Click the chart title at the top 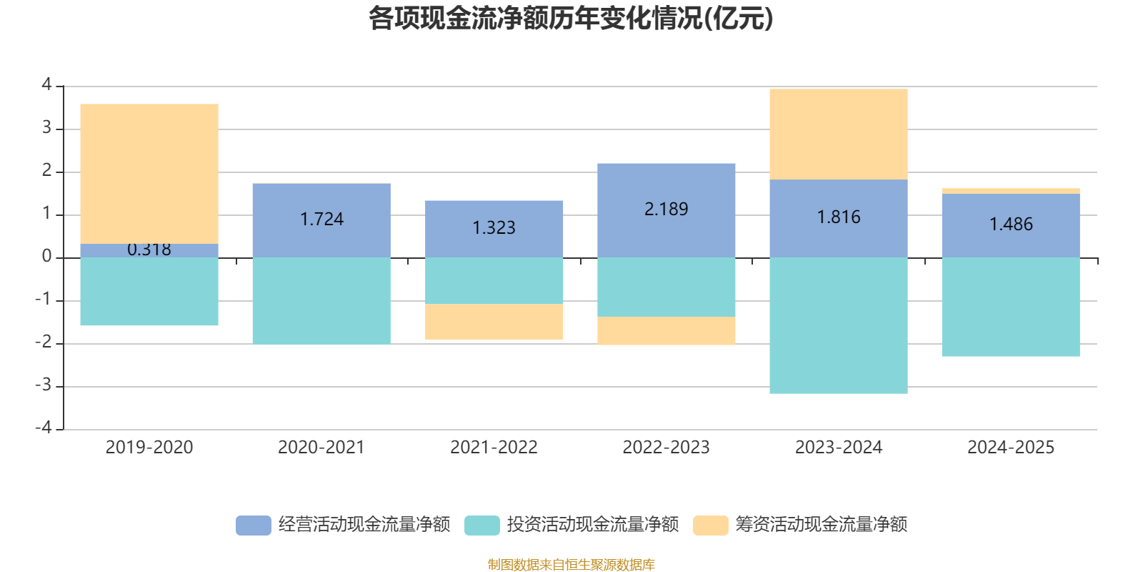pyautogui.click(x=571, y=19)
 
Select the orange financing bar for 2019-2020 pyautogui.click(x=149, y=174)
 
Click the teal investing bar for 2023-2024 pyautogui.click(x=839, y=325)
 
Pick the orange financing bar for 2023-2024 pyautogui.click(x=839, y=134)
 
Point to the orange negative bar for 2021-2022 pyautogui.click(x=494, y=322)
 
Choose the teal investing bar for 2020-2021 pyautogui.click(x=321, y=300)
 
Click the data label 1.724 pyautogui.click(x=321, y=219)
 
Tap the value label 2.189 pyautogui.click(x=667, y=209)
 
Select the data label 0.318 pyautogui.click(x=149, y=250)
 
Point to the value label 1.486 pyautogui.click(x=1011, y=225)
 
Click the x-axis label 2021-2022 pyautogui.click(x=494, y=448)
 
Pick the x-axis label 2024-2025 pyautogui.click(x=1011, y=448)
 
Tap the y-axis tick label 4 pyautogui.click(x=47, y=84)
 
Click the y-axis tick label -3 pyautogui.click(x=44, y=385)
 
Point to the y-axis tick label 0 pyautogui.click(x=47, y=256)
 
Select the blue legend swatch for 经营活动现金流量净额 pyautogui.click(x=254, y=525)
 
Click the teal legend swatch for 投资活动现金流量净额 pyautogui.click(x=482, y=525)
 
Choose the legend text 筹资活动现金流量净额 pyautogui.click(x=822, y=525)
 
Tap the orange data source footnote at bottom pyautogui.click(x=571, y=565)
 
